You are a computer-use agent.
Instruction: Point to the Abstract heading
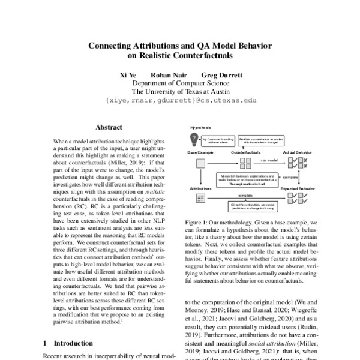pos(109,127)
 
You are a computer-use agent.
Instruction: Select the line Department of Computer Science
pos(179,84)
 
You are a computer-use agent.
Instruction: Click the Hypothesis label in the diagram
pos(200,128)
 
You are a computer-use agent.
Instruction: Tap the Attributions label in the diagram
pos(200,188)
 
